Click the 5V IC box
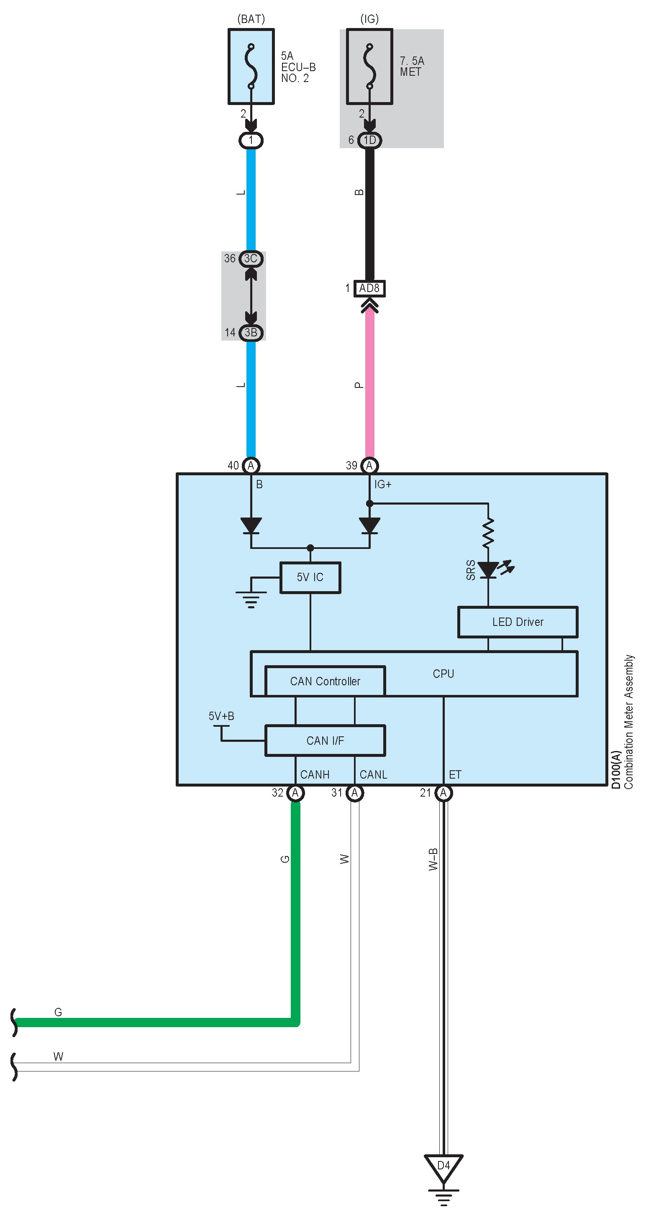coord(310,577)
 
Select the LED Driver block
coord(518,622)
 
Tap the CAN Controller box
coord(325,681)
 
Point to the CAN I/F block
coord(325,740)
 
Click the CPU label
coord(443,674)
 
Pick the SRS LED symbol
coord(488,570)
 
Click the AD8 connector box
coord(369,288)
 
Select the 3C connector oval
coord(251,259)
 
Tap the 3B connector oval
coord(251,333)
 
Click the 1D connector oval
coord(369,140)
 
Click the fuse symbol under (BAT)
coord(251,66)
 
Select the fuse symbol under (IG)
coord(369,66)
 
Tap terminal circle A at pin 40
coord(251,465)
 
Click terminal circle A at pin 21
coord(443,792)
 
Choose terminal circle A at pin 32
coord(295,792)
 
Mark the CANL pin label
coord(373,774)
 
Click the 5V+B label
coord(221,715)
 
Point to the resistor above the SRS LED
coord(488,533)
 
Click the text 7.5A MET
coord(412,66)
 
